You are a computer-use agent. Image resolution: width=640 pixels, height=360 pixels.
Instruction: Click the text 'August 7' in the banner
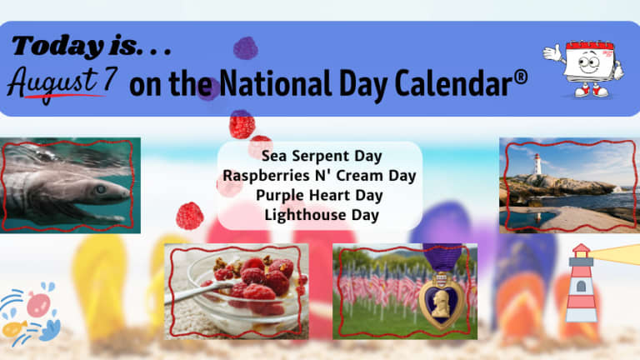62,82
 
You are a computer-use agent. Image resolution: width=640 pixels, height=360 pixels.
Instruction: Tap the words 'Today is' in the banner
77,46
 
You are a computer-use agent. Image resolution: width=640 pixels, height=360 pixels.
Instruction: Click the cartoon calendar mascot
584,68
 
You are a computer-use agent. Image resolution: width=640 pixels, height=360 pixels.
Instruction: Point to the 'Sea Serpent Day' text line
322,156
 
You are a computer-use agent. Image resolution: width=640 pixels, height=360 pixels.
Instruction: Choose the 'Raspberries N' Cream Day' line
320,176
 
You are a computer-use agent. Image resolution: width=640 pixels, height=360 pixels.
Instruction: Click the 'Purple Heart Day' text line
320,196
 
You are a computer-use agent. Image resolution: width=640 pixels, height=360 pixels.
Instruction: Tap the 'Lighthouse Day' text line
322,215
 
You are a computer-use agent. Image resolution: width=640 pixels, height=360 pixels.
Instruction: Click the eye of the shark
100,189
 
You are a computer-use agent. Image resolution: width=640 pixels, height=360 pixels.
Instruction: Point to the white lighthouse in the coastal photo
538,164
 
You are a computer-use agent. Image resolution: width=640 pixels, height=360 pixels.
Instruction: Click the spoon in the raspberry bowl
200,292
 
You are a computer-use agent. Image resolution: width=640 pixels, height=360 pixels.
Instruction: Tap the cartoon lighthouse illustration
581,282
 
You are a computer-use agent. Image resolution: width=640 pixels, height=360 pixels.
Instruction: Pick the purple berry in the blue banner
245,48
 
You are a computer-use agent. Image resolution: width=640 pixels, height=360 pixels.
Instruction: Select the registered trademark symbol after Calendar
520,77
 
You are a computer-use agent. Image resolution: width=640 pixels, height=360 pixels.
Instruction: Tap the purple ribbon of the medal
442,257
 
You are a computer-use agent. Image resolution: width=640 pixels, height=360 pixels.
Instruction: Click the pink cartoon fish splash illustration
39,304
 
